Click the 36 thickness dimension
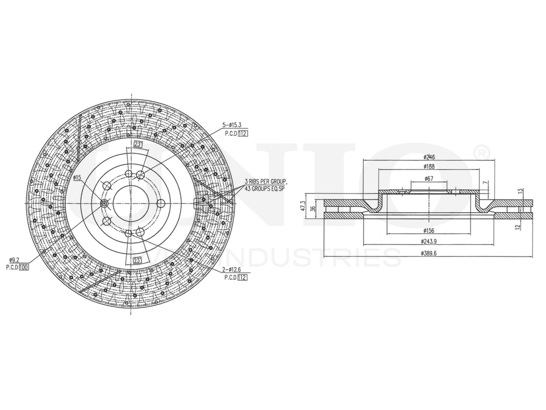tap(313, 208)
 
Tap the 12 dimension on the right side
tap(517, 226)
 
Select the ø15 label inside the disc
tap(77, 178)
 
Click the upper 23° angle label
tap(138, 145)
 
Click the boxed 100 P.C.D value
tap(23, 267)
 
